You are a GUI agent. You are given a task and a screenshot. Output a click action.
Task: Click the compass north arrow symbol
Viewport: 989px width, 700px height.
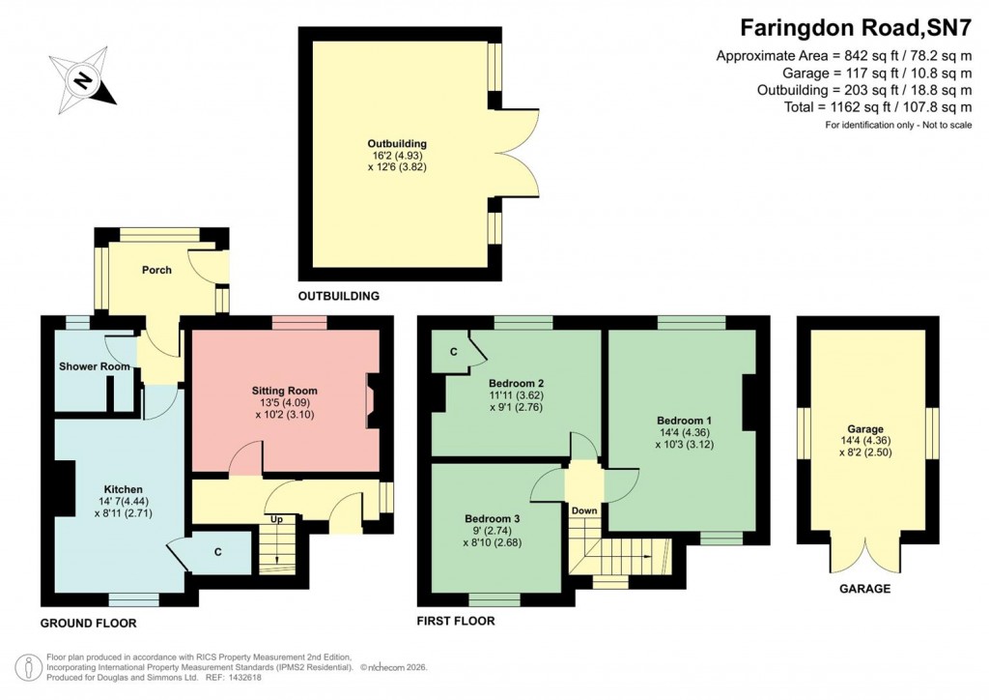coord(83,78)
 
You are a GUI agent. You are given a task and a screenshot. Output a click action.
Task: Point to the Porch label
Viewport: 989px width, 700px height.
coord(156,270)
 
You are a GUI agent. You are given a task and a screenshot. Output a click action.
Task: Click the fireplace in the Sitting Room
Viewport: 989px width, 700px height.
coord(371,402)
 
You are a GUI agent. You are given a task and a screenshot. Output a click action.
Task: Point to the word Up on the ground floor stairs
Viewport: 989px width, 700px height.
coord(276,519)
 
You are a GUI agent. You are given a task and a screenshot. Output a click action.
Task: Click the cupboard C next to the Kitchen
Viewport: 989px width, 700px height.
coord(218,552)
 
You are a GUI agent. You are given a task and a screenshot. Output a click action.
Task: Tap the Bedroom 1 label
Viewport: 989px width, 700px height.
coord(684,421)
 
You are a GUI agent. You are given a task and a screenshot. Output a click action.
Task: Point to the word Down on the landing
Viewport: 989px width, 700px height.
coord(583,510)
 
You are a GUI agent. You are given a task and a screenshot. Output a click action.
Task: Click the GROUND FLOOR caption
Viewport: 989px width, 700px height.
coord(88,624)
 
